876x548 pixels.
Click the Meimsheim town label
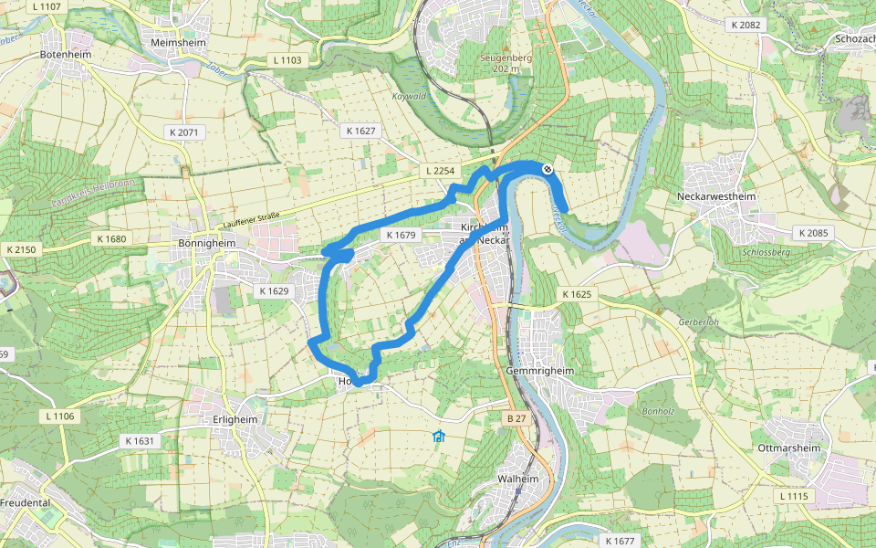(179, 43)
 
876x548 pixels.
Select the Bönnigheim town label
(207, 244)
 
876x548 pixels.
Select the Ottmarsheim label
(790, 448)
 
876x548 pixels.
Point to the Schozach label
(854, 39)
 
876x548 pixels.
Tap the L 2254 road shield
(440, 171)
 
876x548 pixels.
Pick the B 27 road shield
(516, 418)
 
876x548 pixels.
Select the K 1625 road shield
(577, 294)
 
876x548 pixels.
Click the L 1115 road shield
(794, 495)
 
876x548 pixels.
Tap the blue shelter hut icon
(439, 436)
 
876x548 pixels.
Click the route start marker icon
(547, 169)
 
